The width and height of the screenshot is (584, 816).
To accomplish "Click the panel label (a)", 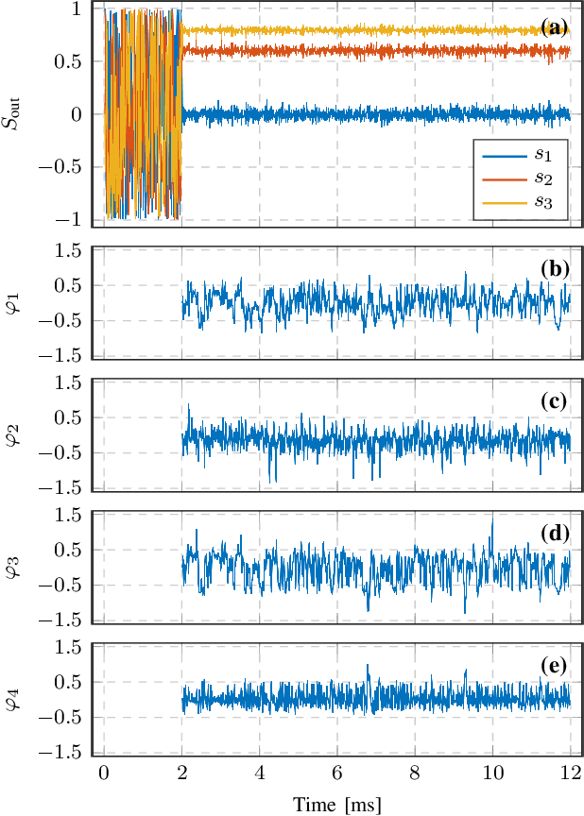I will (x=554, y=24).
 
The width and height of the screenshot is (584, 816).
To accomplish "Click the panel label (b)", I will (x=554, y=269).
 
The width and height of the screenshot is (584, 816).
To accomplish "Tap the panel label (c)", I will (x=554, y=401).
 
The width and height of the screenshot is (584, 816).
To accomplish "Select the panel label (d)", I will (x=554, y=533).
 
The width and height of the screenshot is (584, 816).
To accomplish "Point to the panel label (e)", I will (x=554, y=666).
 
